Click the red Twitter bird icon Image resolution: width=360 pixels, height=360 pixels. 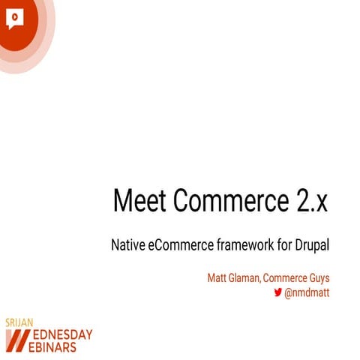pyautogui.click(x=277, y=292)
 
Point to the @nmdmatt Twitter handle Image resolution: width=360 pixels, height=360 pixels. pyautogui.click(x=307, y=292)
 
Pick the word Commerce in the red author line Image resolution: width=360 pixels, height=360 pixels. pyautogui.click(x=287, y=277)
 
